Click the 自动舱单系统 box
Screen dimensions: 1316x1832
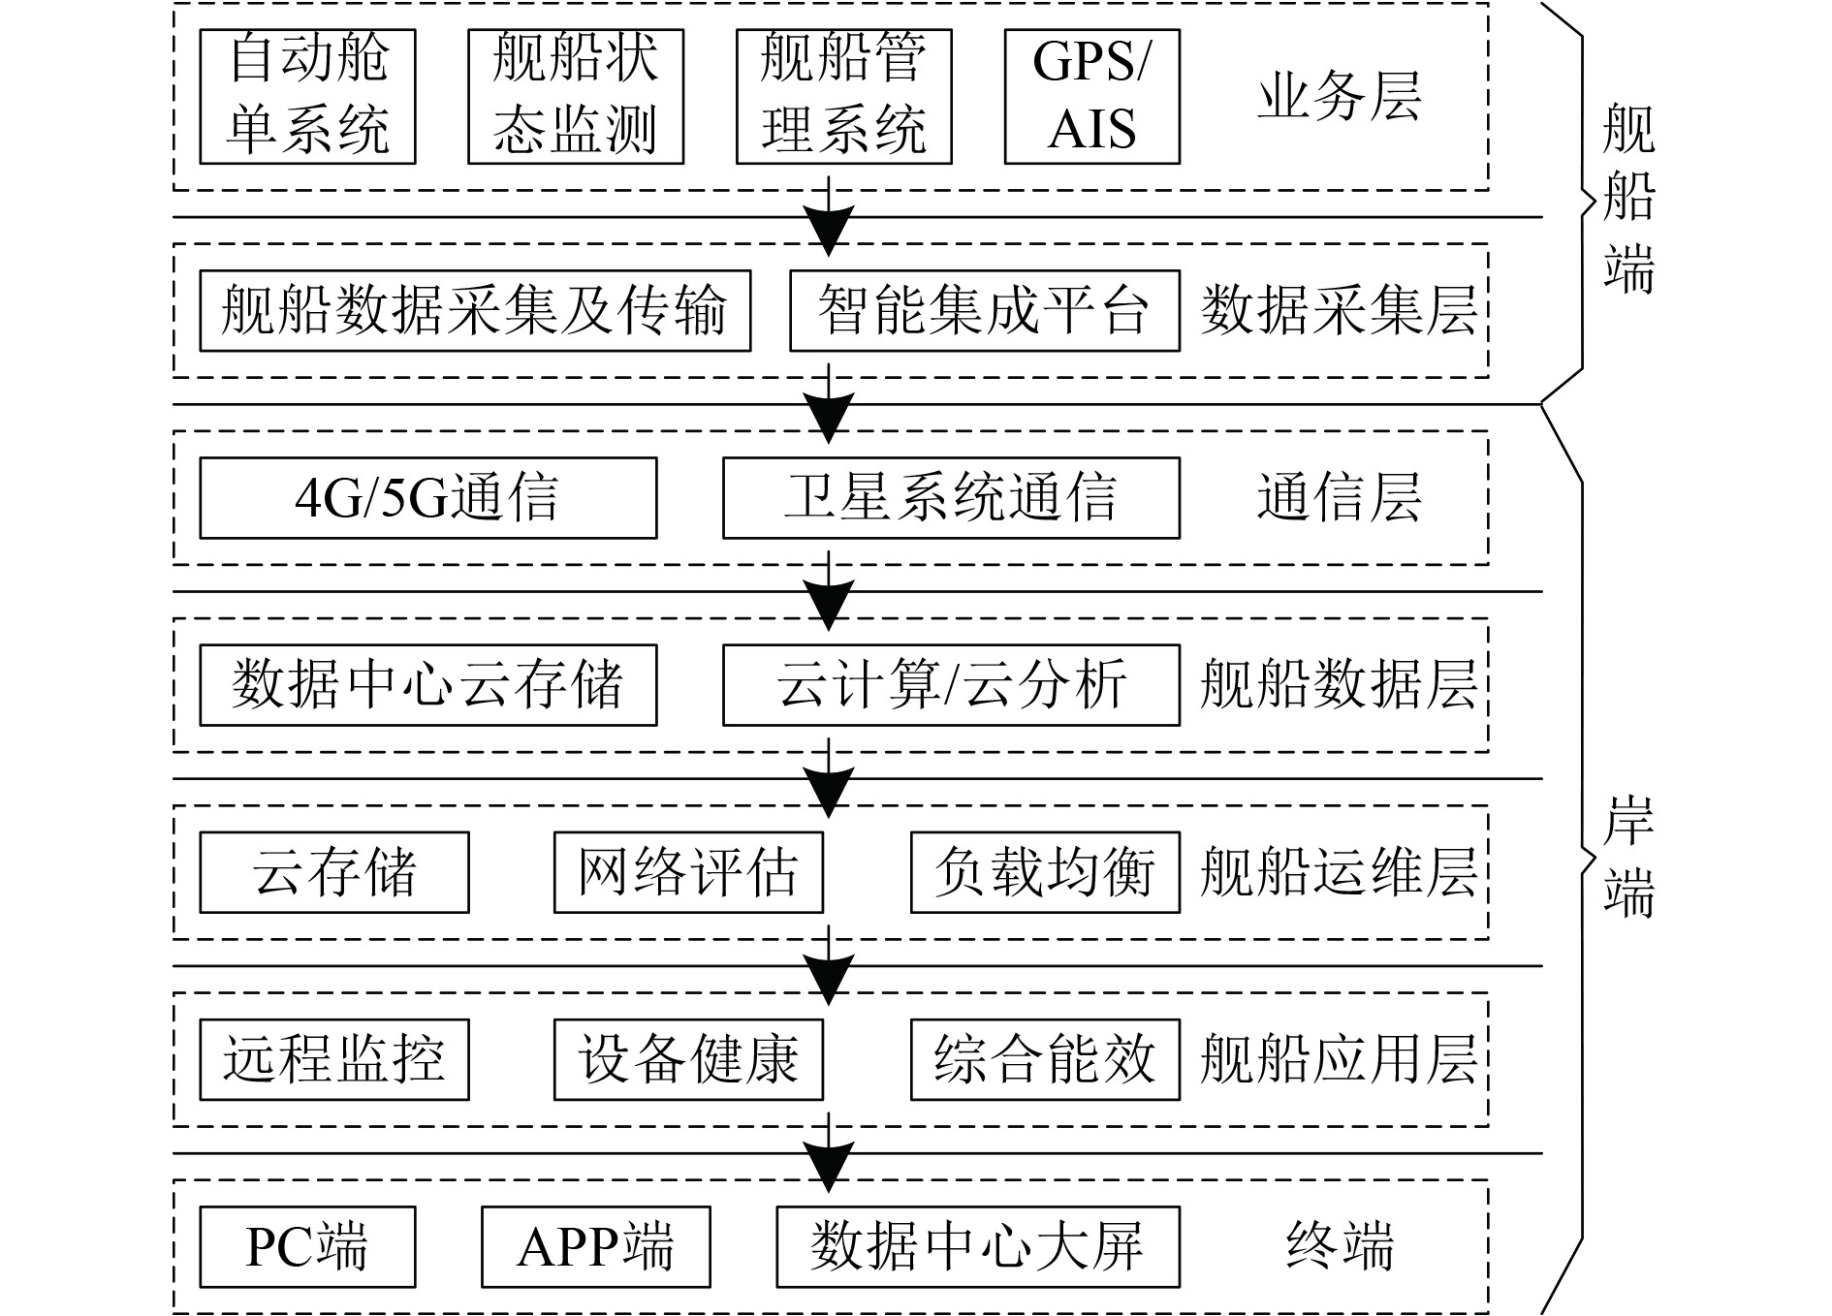pyautogui.click(x=307, y=97)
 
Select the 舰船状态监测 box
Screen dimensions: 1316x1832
pyautogui.click(x=576, y=97)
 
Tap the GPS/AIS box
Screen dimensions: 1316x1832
pyautogui.click(x=1091, y=97)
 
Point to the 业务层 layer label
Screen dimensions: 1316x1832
pyautogui.click(x=1340, y=97)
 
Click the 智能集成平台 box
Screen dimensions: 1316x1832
pyautogui.click(x=984, y=310)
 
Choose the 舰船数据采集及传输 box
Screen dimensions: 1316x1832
pyautogui.click(x=475, y=310)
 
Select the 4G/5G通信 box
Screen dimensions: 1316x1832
pyautogui.click(x=427, y=498)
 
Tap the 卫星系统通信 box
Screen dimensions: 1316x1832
pyautogui.click(x=951, y=498)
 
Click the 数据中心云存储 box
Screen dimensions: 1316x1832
pyautogui.click(x=427, y=685)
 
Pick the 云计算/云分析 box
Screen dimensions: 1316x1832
pyautogui.click(x=951, y=685)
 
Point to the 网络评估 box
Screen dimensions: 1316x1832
pyautogui.click(x=688, y=872)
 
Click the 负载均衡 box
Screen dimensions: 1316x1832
pyautogui.click(x=1045, y=872)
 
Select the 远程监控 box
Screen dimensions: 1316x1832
pyautogui.click(x=334, y=1059)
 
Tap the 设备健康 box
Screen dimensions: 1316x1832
pyautogui.click(x=688, y=1059)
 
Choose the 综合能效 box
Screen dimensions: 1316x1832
pyautogui.click(x=1045, y=1059)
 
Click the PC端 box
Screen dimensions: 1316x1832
pyautogui.click(x=307, y=1247)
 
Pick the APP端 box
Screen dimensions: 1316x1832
pyautogui.click(x=595, y=1247)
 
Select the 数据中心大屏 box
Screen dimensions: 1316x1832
pyautogui.click(x=978, y=1247)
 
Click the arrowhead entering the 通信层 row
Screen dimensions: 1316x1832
pyautogui.click(x=829, y=420)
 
